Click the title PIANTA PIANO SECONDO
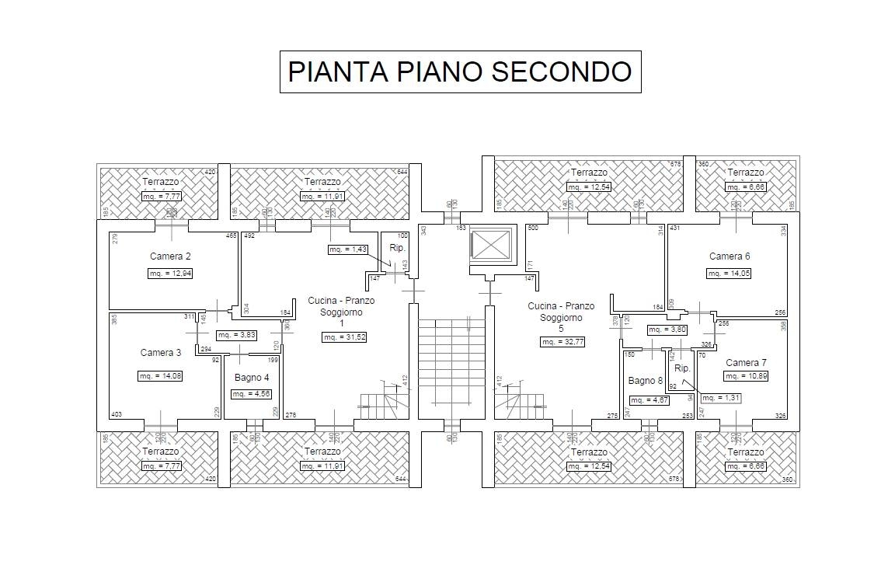point(460,71)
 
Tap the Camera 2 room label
point(170,256)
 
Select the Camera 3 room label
point(161,353)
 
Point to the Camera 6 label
point(730,256)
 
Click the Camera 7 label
point(746,363)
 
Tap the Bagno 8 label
point(646,381)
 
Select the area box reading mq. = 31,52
point(344,337)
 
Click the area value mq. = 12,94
point(170,274)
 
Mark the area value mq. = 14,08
point(160,376)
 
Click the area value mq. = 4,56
point(251,394)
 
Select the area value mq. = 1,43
point(347,249)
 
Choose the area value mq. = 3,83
point(236,335)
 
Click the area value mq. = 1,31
point(719,398)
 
